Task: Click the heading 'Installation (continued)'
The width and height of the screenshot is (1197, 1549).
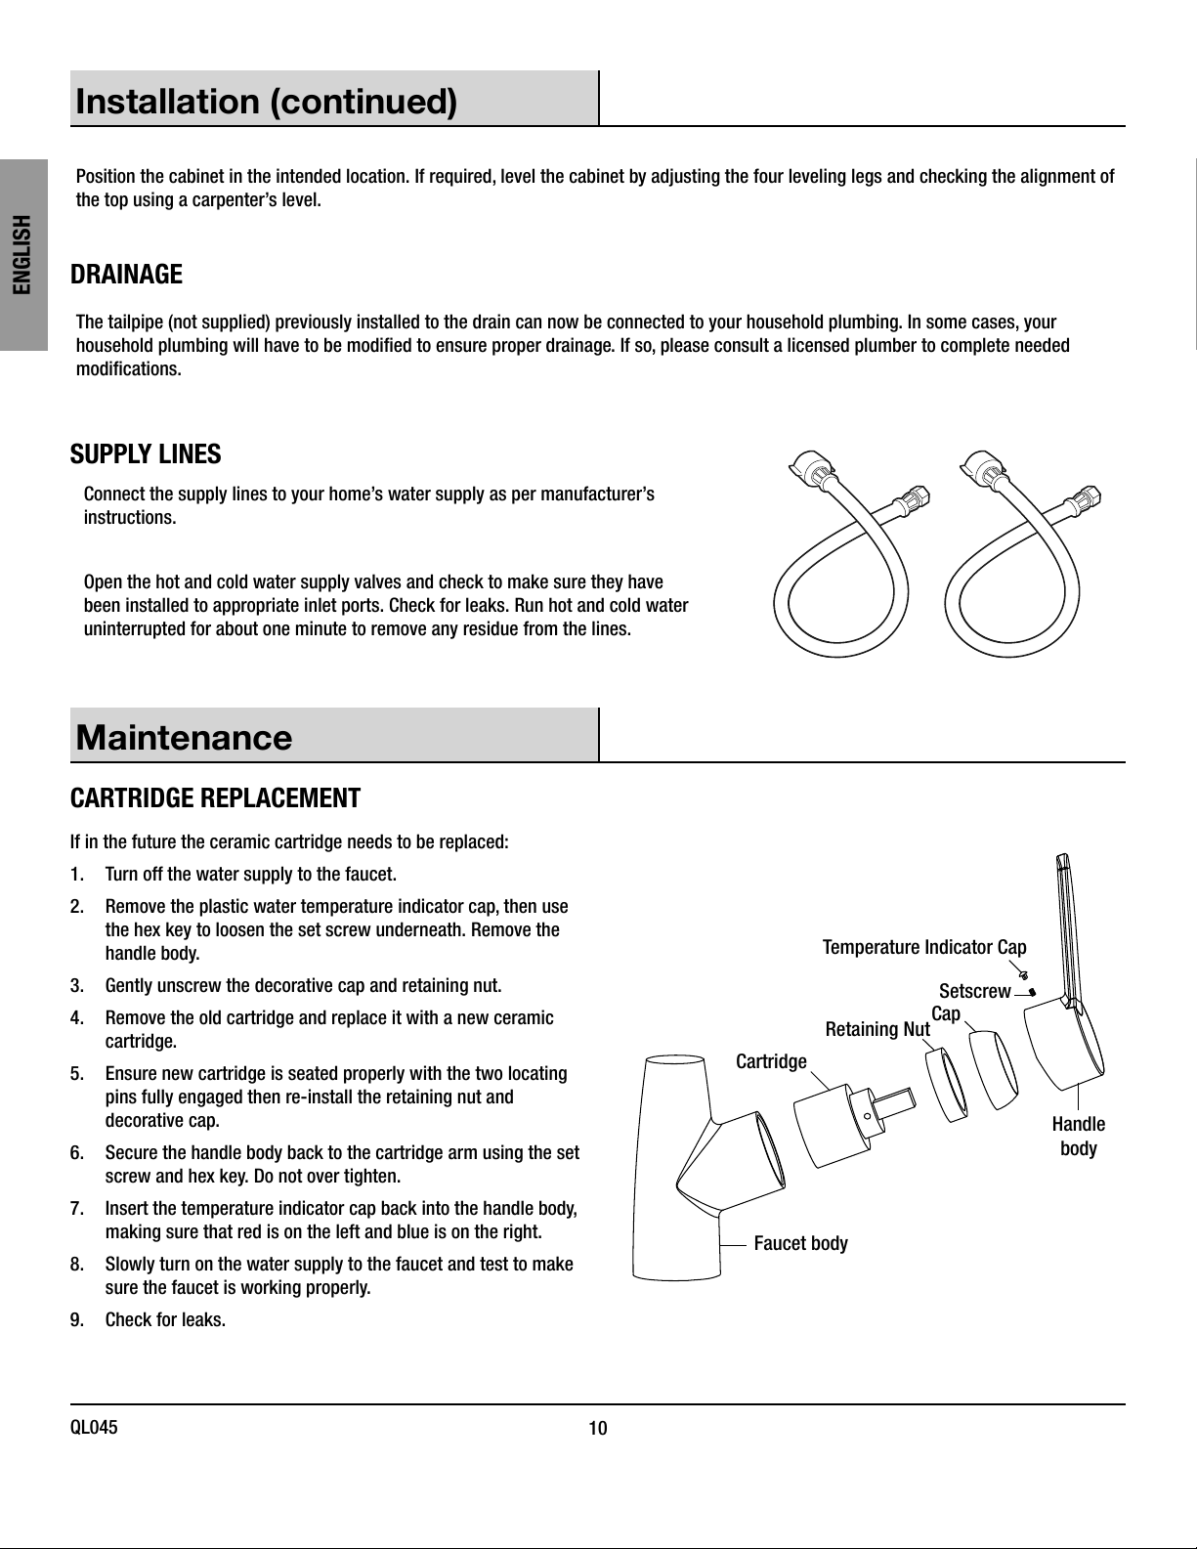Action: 267,102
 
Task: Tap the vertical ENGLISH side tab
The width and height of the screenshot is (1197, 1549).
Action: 22,254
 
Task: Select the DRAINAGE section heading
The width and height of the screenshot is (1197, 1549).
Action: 126,275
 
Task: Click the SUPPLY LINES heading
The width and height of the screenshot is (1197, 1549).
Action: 146,454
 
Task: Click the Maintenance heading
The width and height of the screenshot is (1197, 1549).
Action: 184,737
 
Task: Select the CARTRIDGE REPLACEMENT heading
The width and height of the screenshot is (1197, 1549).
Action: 215,798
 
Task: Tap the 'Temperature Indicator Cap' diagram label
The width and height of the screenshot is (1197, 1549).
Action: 924,947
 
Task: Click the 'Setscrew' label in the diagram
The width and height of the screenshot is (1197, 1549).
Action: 975,992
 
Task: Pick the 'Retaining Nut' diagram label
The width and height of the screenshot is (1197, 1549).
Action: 877,1029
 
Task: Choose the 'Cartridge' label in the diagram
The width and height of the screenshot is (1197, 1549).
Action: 771,1062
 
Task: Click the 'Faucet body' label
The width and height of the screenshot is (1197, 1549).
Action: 801,1244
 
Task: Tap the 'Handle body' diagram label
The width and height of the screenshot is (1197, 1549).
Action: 1078,1137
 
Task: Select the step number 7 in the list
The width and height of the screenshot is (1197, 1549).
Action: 77,1209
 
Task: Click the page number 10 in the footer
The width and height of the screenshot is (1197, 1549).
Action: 598,1429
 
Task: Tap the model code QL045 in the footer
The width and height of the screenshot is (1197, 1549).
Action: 94,1428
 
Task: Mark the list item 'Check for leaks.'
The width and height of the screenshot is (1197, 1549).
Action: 165,1320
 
